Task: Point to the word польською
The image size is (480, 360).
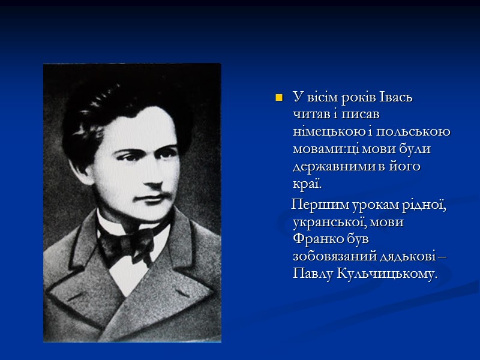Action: click(418, 131)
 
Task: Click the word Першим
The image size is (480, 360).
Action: click(316, 205)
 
